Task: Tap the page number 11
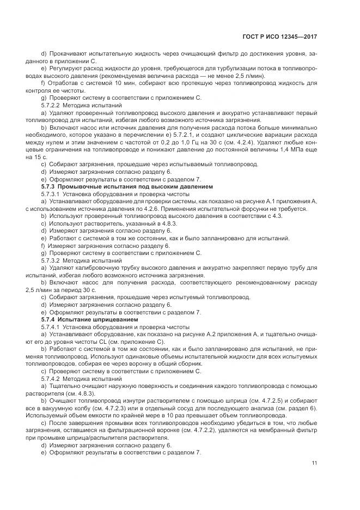pyautogui.click(x=314, y=463)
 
